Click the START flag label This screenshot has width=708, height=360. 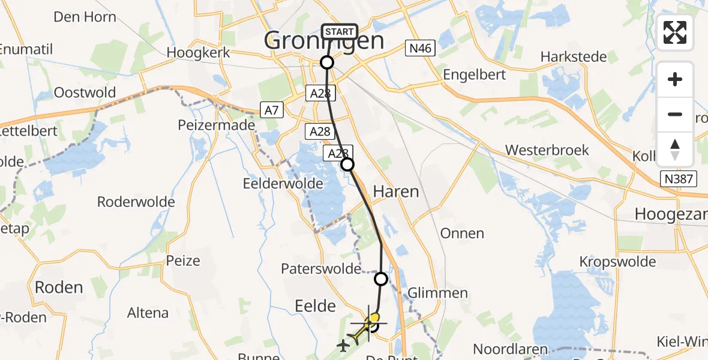pyautogui.click(x=341, y=32)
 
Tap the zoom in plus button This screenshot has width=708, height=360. pyautogui.click(x=675, y=79)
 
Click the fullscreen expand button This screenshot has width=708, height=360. pyautogui.click(x=675, y=32)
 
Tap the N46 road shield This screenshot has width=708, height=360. pyautogui.click(x=419, y=49)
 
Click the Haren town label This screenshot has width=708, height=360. pyautogui.click(x=395, y=191)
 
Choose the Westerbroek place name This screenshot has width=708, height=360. pyautogui.click(x=547, y=150)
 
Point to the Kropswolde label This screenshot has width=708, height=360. pyautogui.click(x=616, y=262)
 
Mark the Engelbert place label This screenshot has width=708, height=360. pyautogui.click(x=474, y=74)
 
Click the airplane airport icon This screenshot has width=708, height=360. pyautogui.click(x=343, y=345)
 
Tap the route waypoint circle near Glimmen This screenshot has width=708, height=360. pyautogui.click(x=381, y=278)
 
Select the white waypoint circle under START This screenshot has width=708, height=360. pyautogui.click(x=327, y=62)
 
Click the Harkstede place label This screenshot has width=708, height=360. pyautogui.click(x=573, y=57)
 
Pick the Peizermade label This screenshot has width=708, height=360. pyautogui.click(x=217, y=125)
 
